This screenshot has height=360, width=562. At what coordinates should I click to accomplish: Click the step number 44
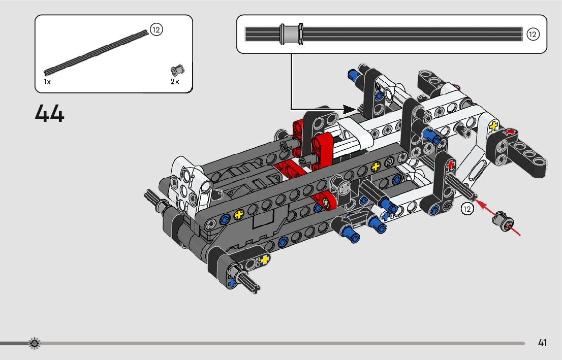[x=49, y=114]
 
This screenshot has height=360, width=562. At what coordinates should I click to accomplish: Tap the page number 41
[x=542, y=343]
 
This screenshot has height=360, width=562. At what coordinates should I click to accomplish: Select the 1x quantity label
[x=47, y=82]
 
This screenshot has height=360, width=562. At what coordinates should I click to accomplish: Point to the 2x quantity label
[x=175, y=82]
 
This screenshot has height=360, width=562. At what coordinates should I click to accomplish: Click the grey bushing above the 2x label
[x=177, y=70]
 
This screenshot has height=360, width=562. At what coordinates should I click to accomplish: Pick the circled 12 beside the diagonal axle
[x=156, y=29]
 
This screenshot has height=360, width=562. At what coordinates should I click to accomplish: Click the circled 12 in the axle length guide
[x=533, y=35]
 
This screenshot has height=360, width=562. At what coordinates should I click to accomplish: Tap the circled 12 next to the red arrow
[x=467, y=209]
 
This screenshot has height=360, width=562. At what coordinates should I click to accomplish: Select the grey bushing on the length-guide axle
[x=291, y=34]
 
